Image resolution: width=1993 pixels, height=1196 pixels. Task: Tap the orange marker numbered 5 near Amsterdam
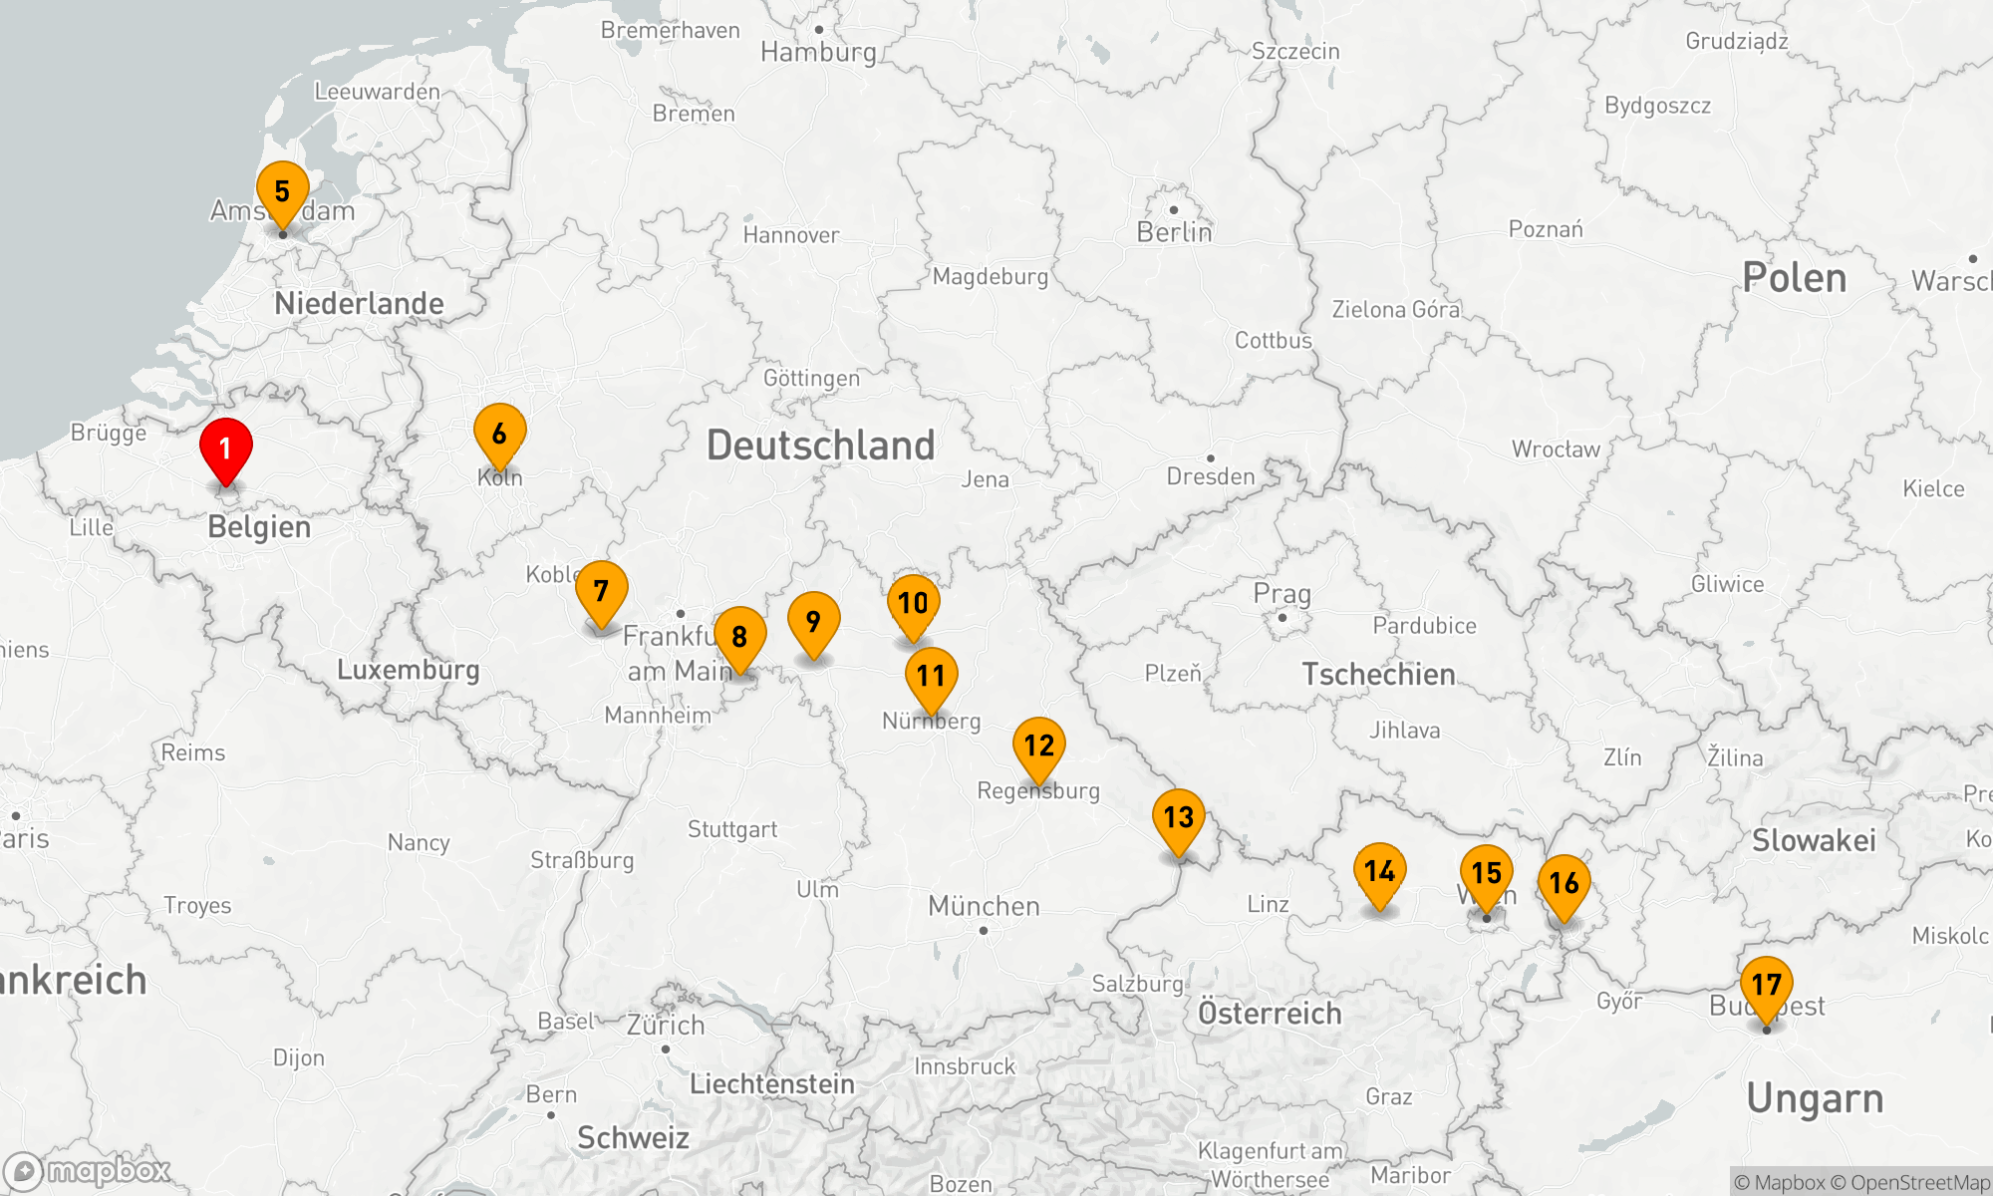click(283, 191)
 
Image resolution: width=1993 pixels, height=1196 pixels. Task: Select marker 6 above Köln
click(499, 434)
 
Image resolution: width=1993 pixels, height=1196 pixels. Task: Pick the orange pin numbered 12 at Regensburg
click(1038, 747)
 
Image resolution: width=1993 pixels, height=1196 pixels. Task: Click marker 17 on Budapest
click(1766, 986)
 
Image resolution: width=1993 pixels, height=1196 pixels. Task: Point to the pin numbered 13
click(1178, 818)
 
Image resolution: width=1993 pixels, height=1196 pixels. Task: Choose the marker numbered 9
click(813, 622)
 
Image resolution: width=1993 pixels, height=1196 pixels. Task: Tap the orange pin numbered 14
click(1379, 872)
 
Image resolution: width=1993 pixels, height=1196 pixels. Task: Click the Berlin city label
click(1174, 232)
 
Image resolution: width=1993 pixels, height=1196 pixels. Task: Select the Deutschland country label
click(820, 446)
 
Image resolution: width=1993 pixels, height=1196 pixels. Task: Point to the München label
click(984, 906)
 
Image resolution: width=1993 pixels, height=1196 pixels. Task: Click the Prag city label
click(1281, 594)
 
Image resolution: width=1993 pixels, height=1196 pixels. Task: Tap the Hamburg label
click(818, 52)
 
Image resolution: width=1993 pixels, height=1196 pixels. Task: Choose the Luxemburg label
click(408, 670)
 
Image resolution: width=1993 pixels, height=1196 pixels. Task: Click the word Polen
click(1794, 278)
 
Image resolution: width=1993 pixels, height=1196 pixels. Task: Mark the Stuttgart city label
click(731, 829)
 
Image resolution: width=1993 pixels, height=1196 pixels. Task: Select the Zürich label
click(666, 1025)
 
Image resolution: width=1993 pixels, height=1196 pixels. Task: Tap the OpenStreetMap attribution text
click(1919, 1183)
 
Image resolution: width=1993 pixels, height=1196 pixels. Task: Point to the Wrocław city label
click(1556, 449)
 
